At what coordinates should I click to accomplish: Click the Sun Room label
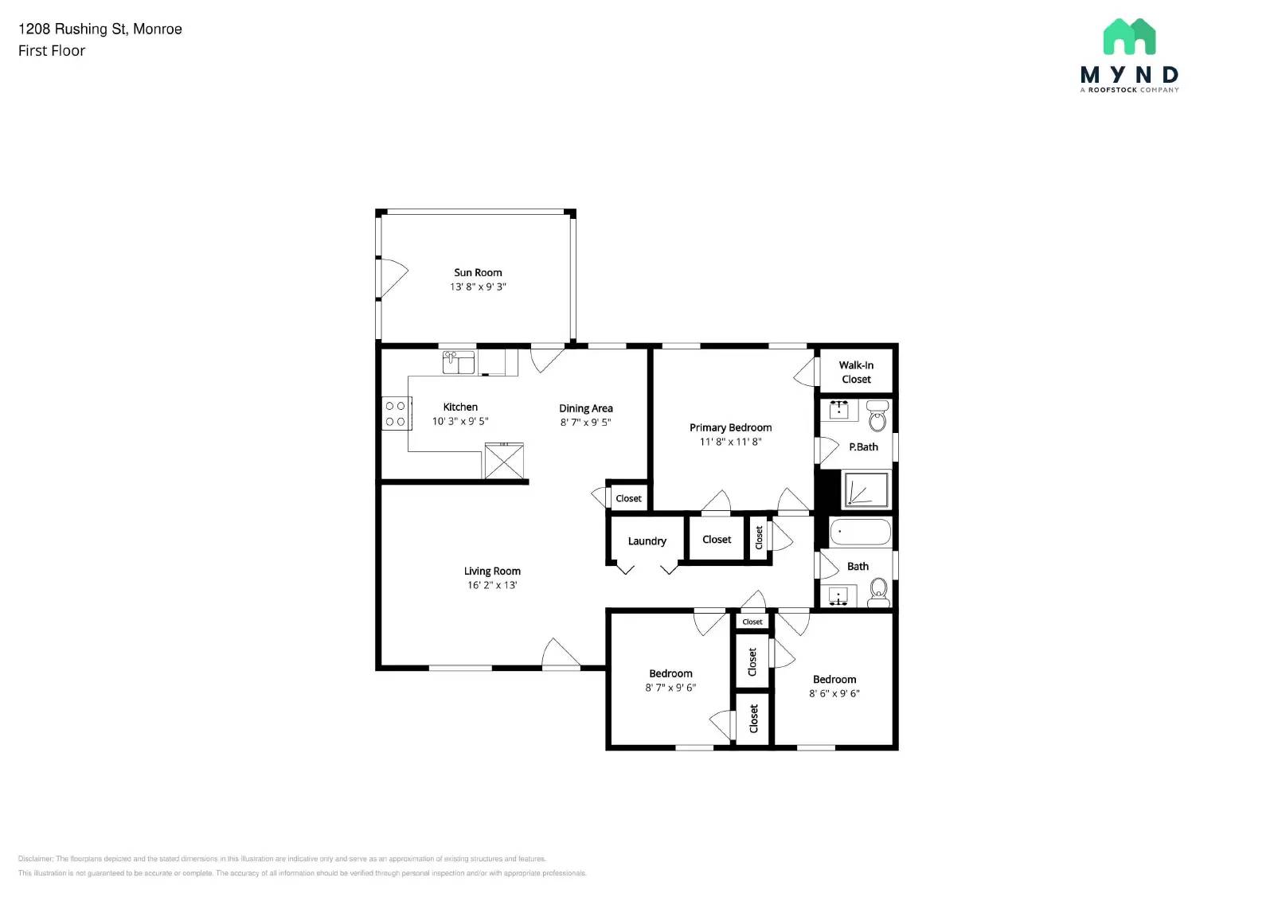point(478,272)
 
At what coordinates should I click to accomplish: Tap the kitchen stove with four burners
point(396,414)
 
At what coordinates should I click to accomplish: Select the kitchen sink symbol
point(459,362)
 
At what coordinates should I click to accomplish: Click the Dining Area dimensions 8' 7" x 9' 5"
point(585,423)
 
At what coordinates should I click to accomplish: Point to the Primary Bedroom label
point(730,427)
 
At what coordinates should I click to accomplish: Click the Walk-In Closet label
point(856,372)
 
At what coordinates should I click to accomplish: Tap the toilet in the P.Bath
point(877,416)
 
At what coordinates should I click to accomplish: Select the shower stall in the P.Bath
point(866,490)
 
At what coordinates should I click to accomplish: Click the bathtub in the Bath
point(860,532)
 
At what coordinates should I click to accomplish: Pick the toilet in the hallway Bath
point(879,591)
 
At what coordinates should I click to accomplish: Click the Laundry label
point(647,541)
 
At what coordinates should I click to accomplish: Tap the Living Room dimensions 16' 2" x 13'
point(492,585)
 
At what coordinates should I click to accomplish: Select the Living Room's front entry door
point(561,654)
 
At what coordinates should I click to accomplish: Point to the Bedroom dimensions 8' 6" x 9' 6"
point(834,693)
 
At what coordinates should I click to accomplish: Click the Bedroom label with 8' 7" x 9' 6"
point(670,673)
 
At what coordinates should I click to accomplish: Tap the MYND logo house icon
point(1129,37)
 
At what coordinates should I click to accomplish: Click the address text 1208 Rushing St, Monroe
point(100,29)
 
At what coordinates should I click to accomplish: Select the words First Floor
point(52,51)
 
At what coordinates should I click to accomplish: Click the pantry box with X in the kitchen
point(504,462)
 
